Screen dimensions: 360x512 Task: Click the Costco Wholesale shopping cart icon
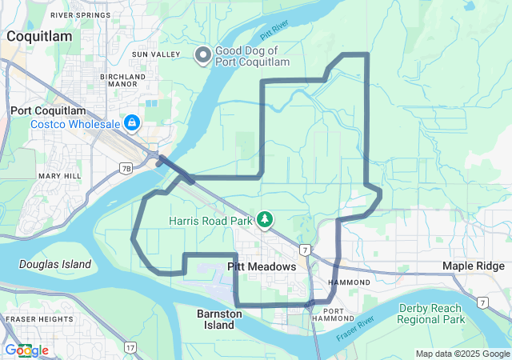(x=131, y=123)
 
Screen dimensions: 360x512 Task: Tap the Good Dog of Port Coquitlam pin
(x=203, y=54)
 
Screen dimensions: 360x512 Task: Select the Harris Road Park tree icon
(x=264, y=219)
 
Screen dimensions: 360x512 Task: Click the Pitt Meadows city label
(x=262, y=266)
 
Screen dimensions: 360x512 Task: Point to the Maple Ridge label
(x=476, y=266)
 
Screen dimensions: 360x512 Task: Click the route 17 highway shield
(x=130, y=346)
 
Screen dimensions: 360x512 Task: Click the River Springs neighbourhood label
(x=80, y=15)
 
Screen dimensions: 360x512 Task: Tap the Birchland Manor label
(x=122, y=82)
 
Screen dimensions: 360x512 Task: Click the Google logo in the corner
(x=26, y=350)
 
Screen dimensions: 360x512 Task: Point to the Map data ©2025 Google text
(x=462, y=354)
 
